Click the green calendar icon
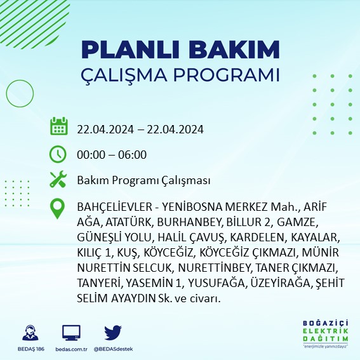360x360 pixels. [x=58, y=126]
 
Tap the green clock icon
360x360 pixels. [x=58, y=154]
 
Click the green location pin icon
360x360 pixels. [x=58, y=209]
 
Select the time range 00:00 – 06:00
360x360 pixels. [x=112, y=154]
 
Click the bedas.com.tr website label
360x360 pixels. [x=71, y=349]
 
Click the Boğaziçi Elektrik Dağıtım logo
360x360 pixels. [x=326, y=334]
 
